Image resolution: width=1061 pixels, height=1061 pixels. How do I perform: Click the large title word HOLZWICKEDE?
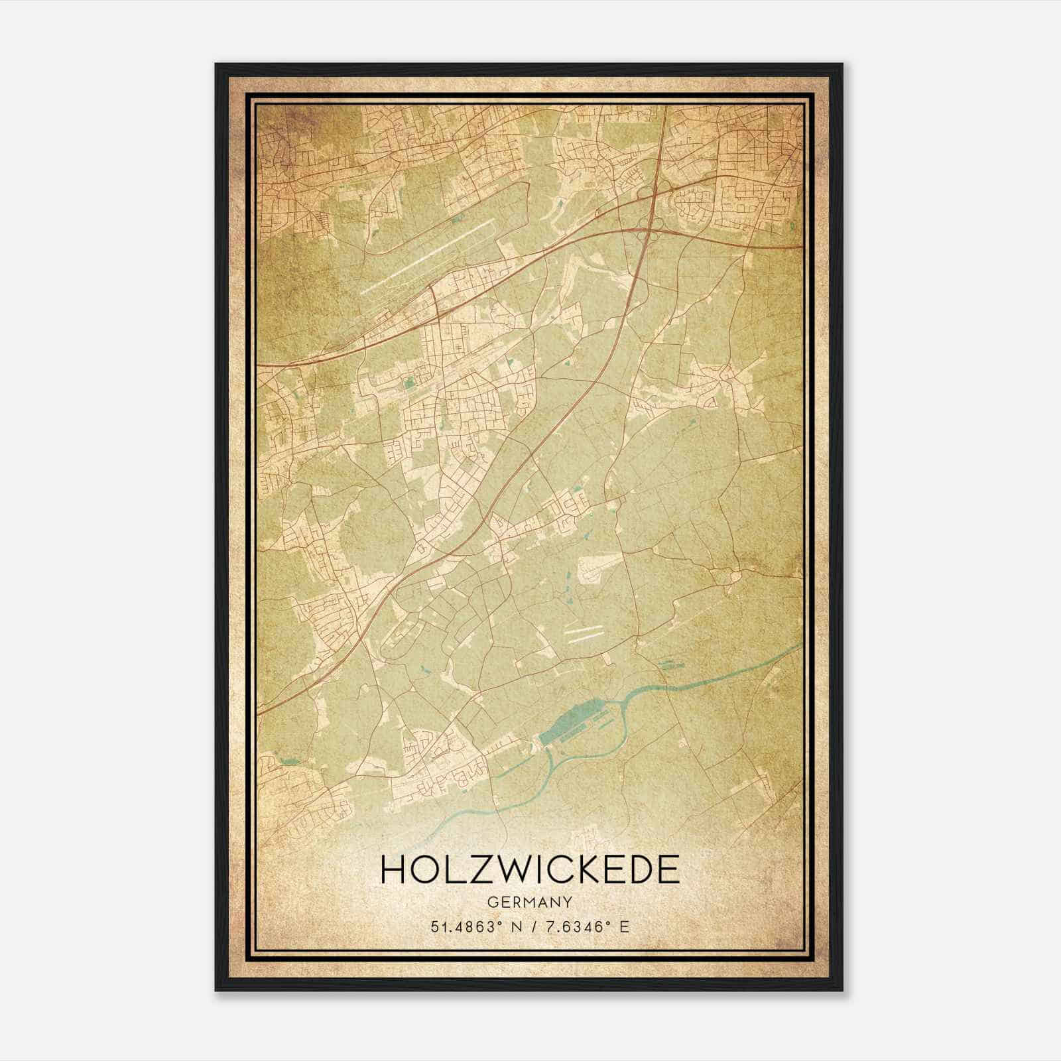(530, 870)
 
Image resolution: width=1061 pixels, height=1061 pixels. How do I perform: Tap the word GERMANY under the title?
(530, 902)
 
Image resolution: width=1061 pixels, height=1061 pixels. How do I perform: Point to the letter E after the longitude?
(623, 927)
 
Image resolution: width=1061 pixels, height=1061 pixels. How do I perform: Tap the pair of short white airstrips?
(584, 631)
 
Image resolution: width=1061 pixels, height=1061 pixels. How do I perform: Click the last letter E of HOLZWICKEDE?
(668, 870)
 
